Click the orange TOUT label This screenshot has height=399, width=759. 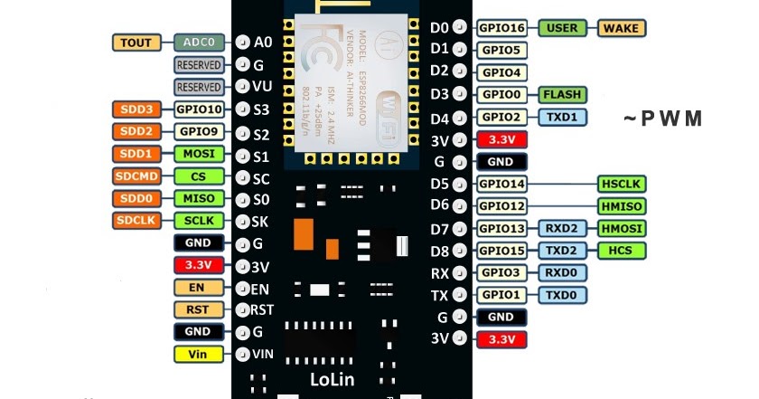[x=136, y=43]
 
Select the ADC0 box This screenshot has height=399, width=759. [x=199, y=43]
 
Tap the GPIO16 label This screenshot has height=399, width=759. [x=501, y=28]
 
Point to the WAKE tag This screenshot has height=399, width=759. [x=621, y=28]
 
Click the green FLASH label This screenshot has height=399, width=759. [x=561, y=94]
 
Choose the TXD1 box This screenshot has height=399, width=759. [x=561, y=117]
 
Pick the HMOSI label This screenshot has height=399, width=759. [x=621, y=228]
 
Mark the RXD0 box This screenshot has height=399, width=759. [x=561, y=272]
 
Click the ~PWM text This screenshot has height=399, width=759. [x=663, y=119]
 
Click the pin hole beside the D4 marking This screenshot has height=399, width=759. [x=460, y=118]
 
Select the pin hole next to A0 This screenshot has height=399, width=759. [x=241, y=43]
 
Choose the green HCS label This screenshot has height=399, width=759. [x=621, y=250]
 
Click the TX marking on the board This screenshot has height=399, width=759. [x=440, y=295]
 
